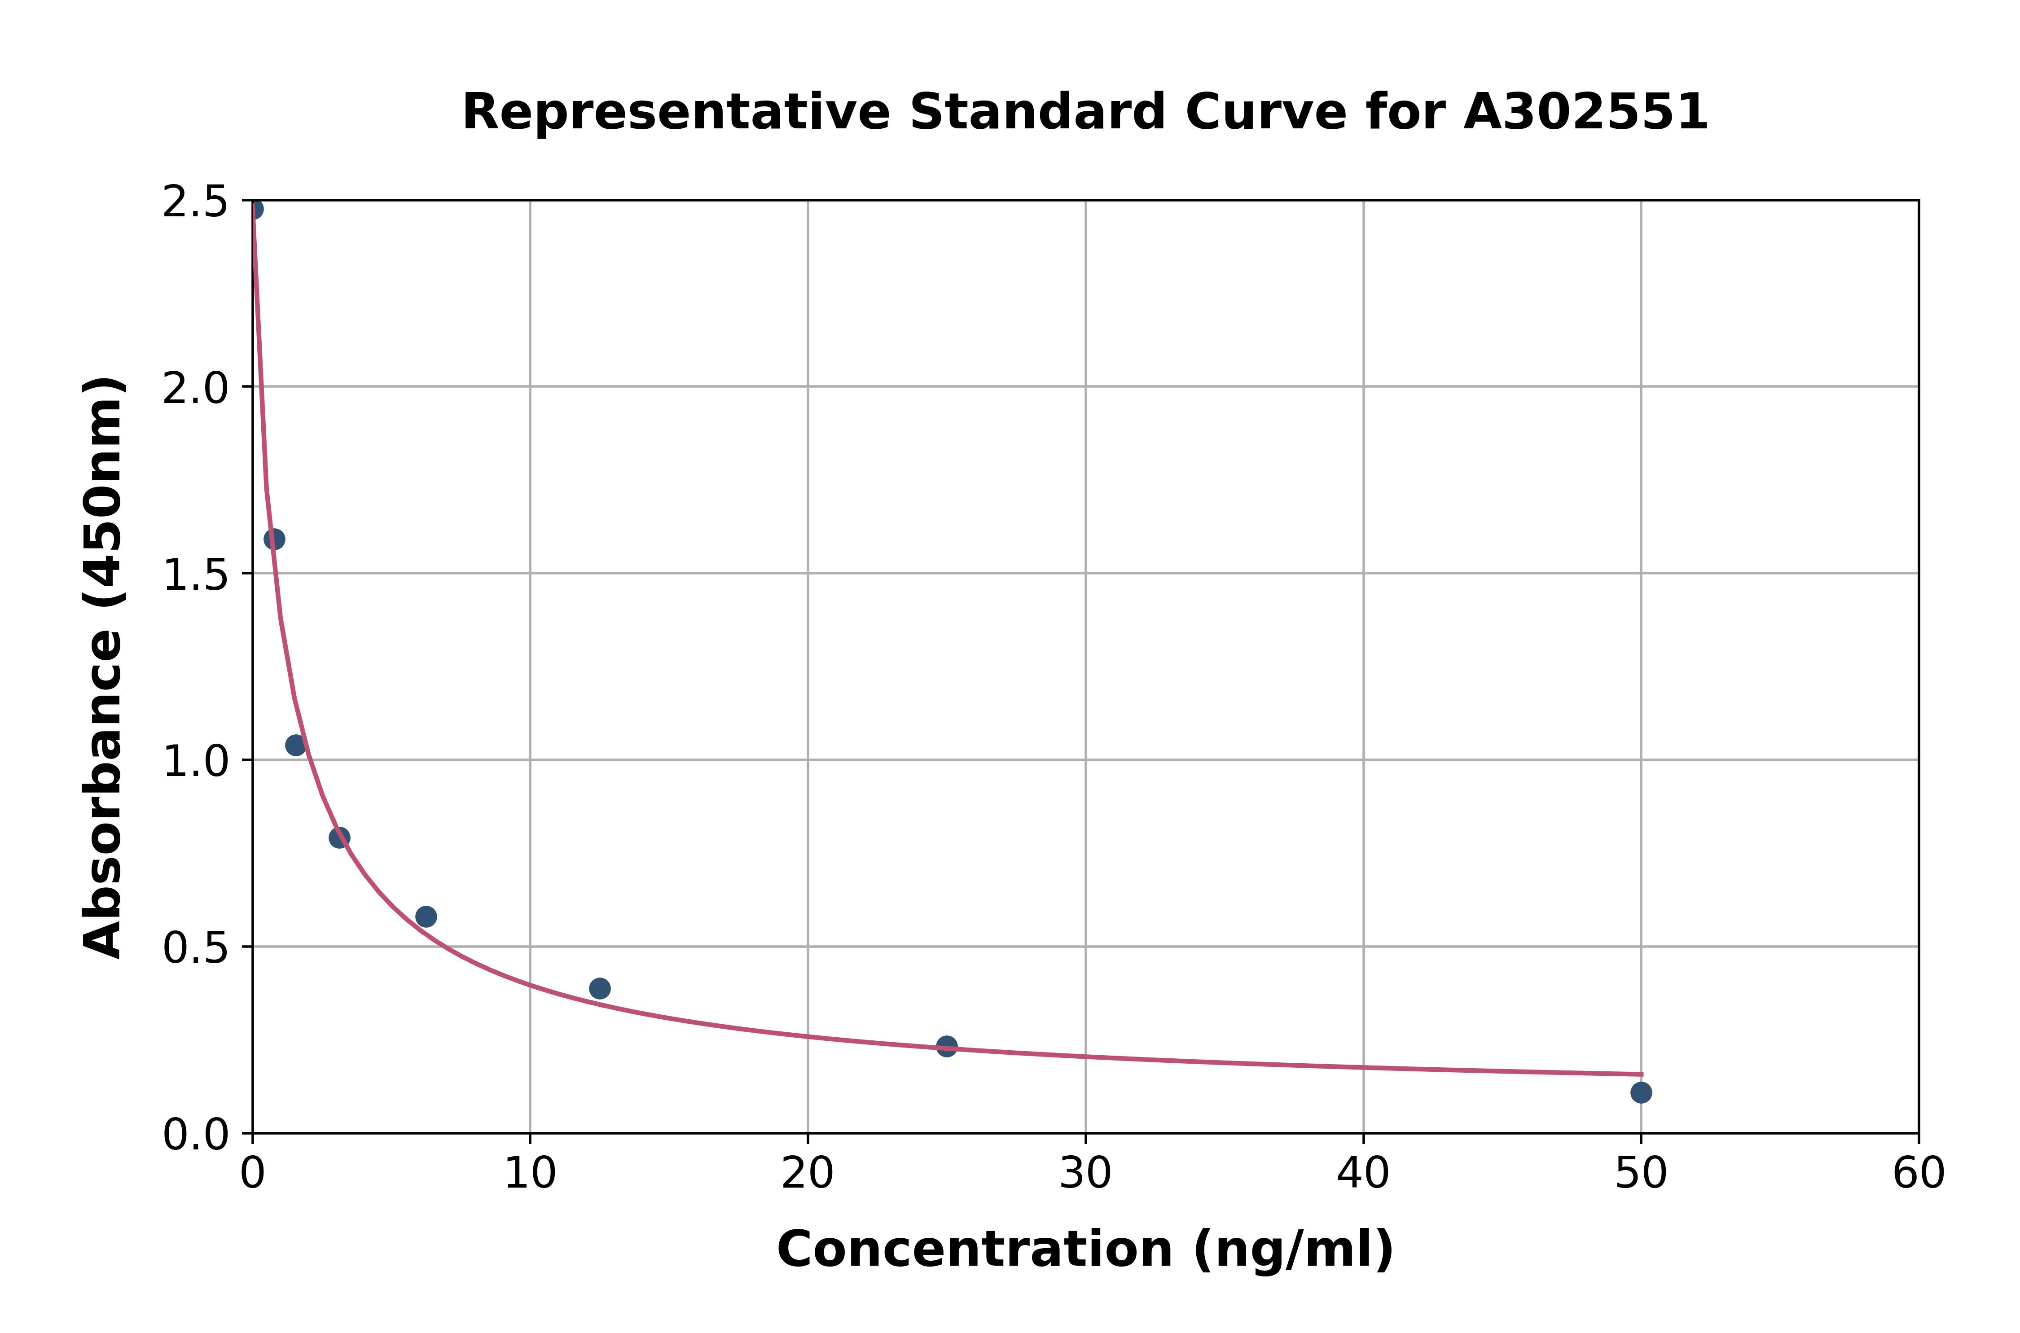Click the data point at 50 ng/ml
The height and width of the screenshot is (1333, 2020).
(x=1641, y=1092)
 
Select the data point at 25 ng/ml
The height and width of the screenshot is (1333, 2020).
(x=946, y=1046)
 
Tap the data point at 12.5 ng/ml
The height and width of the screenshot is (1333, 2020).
(x=599, y=988)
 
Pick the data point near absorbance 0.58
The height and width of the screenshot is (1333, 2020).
(x=426, y=916)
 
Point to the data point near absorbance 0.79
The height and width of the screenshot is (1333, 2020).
(x=339, y=838)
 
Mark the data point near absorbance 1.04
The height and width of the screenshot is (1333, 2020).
(x=296, y=745)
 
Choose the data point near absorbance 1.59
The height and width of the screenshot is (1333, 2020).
(x=274, y=539)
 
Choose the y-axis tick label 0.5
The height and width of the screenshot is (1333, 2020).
(x=196, y=947)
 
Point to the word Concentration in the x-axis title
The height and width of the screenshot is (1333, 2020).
(x=974, y=1250)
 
